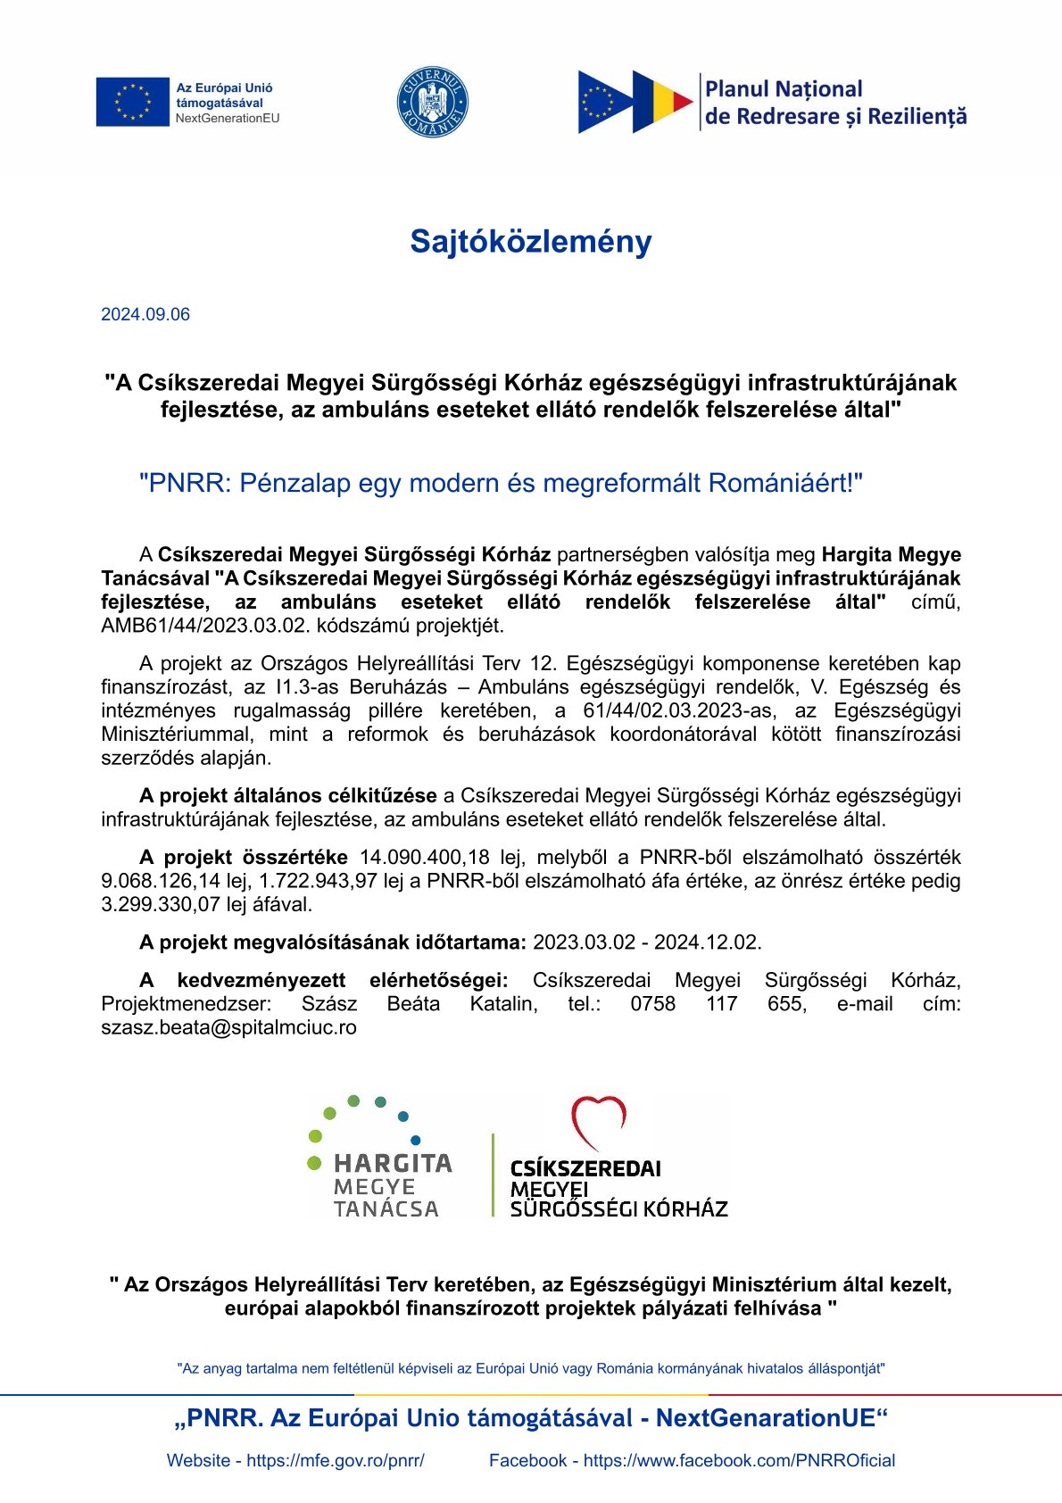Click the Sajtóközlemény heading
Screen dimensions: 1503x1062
[x=530, y=242]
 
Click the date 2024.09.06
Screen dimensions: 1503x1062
[x=145, y=314]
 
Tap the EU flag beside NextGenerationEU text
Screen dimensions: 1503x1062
[x=132, y=102]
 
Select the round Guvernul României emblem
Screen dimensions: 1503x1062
[x=432, y=102]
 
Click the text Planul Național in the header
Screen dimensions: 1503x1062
[x=784, y=89]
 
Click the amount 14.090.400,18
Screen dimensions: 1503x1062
[x=424, y=858]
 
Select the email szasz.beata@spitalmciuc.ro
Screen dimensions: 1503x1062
[x=228, y=1027]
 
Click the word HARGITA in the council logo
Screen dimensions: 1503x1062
[x=393, y=1164]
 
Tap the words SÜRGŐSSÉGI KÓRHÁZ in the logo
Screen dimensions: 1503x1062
[x=618, y=1209]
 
